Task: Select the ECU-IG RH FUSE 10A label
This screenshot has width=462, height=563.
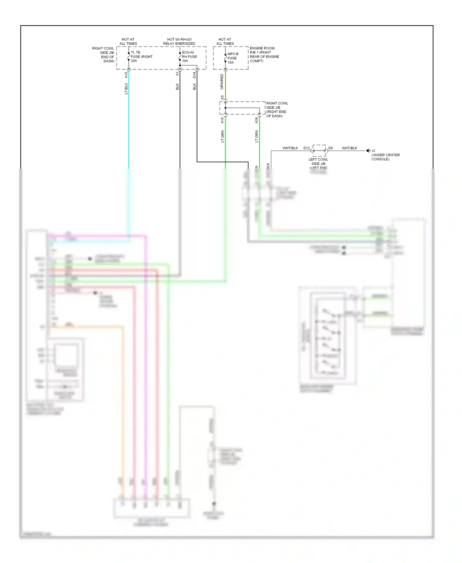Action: coord(189,57)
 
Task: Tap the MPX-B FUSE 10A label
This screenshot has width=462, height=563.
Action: coord(233,58)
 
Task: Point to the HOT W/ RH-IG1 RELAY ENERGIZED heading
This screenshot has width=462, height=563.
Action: coord(179,42)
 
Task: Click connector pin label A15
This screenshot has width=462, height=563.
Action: coord(126,75)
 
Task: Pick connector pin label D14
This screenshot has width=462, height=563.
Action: coord(194,75)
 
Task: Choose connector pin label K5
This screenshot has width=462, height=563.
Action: coord(222,97)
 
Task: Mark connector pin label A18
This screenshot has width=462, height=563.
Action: coord(222,120)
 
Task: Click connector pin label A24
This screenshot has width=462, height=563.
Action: coord(256,120)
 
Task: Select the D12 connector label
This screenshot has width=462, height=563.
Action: coord(306,148)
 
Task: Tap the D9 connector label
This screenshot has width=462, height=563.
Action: coord(330,148)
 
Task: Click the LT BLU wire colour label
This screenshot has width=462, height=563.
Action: coord(126,89)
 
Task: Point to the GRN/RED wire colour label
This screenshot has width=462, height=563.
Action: coord(222,82)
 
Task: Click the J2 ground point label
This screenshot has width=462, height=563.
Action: coord(373,151)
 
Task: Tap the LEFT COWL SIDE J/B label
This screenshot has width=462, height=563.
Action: coord(318,162)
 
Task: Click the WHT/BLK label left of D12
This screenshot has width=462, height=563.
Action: coord(290,148)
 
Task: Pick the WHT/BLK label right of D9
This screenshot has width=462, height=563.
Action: coord(349,148)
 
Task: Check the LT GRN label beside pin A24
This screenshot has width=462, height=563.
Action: coord(256,136)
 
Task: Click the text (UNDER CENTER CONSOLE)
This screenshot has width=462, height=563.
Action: coord(385,157)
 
